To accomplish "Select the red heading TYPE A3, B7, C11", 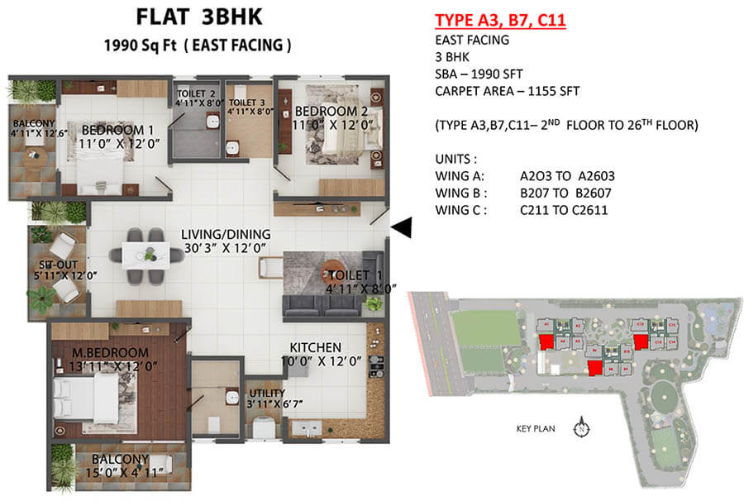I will tap(499, 21).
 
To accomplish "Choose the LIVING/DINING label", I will tap(224, 235).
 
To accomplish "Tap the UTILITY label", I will tap(267, 393).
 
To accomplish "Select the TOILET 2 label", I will tap(196, 94).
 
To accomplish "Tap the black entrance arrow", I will tap(401, 227).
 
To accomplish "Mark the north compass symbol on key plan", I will tap(582, 428).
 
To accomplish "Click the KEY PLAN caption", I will tap(534, 428).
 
